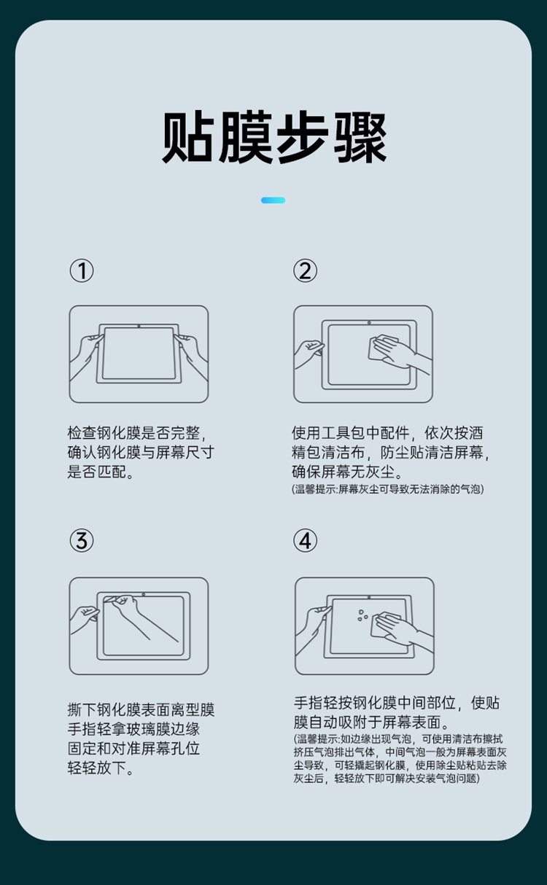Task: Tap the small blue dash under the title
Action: pyautogui.click(x=273, y=200)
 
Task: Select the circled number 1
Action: pyautogui.click(x=82, y=270)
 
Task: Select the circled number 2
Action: pyautogui.click(x=305, y=270)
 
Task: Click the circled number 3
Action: pyautogui.click(x=82, y=540)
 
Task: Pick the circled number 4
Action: pyautogui.click(x=305, y=540)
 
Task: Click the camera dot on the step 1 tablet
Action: pyautogui.click(x=139, y=326)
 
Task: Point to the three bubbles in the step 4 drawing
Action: pyautogui.click(x=362, y=615)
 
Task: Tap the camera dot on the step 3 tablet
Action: pyautogui.click(x=144, y=594)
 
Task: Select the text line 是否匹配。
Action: pyautogui.click(x=101, y=472)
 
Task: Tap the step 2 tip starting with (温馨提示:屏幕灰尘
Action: pyautogui.click(x=388, y=489)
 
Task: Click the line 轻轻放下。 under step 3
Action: pyautogui.click(x=101, y=768)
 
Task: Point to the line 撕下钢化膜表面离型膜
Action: pyautogui.click(x=141, y=709)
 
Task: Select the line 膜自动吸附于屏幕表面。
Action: pyautogui.click(x=371, y=722)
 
